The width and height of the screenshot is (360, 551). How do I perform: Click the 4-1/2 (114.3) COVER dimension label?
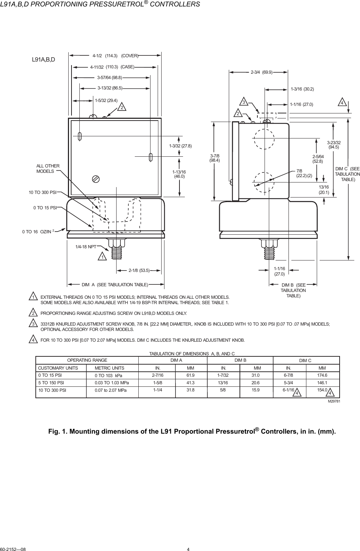[x=115, y=56]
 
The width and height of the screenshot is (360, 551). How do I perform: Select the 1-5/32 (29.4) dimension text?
[x=106, y=101]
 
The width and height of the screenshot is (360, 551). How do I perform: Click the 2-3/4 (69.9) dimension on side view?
[x=261, y=72]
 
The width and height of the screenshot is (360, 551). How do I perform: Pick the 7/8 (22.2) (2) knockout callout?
[x=304, y=174]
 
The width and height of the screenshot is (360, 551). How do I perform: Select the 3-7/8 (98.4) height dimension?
[x=214, y=159]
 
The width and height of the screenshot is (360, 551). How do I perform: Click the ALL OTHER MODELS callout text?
[x=48, y=169]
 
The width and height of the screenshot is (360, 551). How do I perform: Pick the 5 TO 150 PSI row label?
[x=51, y=382]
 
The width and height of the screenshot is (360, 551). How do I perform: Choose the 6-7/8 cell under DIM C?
[x=289, y=375]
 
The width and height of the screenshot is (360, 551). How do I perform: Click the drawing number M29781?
[x=334, y=401]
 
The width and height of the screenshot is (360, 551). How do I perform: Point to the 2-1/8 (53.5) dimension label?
[x=139, y=270]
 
